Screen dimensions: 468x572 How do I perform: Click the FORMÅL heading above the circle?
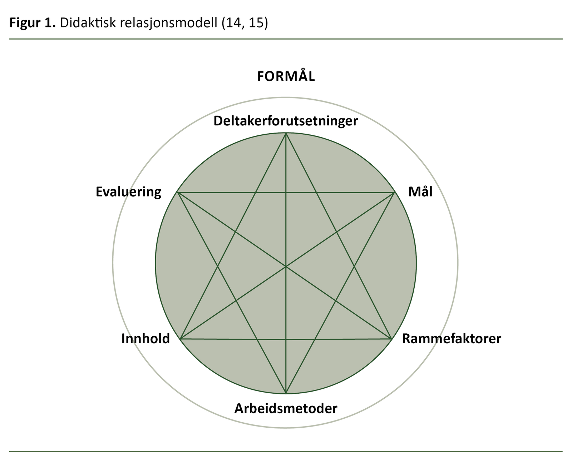point(286,77)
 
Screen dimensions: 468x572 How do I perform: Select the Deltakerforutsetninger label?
point(286,121)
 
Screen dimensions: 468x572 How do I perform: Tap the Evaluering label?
point(128,192)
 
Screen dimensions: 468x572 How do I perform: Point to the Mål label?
point(420,192)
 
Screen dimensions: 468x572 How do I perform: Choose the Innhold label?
point(146,338)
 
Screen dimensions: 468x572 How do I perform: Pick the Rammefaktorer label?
point(452,338)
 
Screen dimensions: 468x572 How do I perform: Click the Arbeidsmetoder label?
point(286,408)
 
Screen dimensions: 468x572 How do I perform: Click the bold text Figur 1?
point(33,23)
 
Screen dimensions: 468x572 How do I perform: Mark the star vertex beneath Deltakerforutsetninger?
point(286,133)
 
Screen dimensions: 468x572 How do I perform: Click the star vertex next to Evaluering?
point(178,193)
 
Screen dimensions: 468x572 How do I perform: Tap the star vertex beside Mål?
point(394,193)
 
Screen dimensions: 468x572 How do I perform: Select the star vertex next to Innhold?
point(181,338)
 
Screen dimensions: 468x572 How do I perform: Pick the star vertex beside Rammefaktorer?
point(391,338)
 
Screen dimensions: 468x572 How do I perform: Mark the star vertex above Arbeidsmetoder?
point(286,393)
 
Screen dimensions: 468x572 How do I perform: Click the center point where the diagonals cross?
point(286,266)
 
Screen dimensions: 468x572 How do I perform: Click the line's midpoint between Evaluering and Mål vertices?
point(286,193)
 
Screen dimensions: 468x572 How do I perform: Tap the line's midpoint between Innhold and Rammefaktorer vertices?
point(286,339)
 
